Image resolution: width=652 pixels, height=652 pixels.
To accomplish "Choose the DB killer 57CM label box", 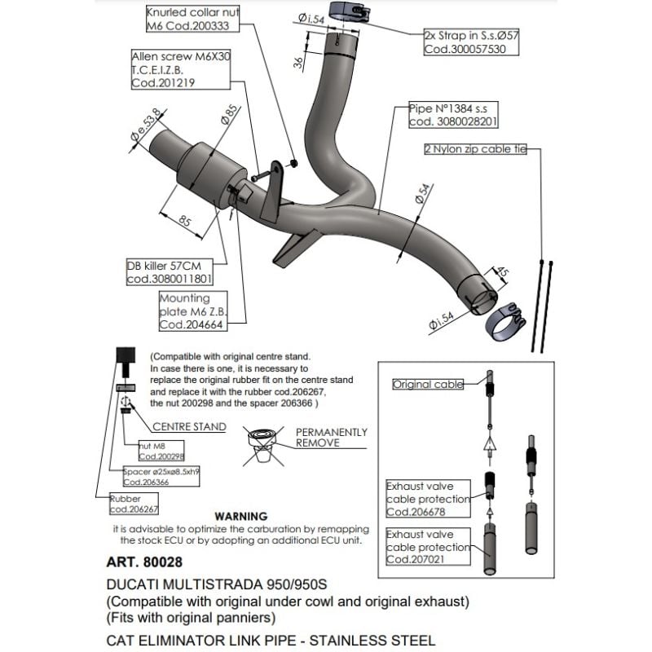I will (x=169, y=272).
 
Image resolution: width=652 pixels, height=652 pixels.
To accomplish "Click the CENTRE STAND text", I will (x=183, y=425).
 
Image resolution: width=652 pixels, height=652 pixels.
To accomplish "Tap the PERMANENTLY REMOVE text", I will (x=331, y=438).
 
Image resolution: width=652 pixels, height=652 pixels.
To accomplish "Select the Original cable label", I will (x=428, y=384).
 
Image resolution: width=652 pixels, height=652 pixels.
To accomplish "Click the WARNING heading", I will (x=240, y=517).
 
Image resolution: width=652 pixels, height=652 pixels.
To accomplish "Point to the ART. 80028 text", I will (x=144, y=562).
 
